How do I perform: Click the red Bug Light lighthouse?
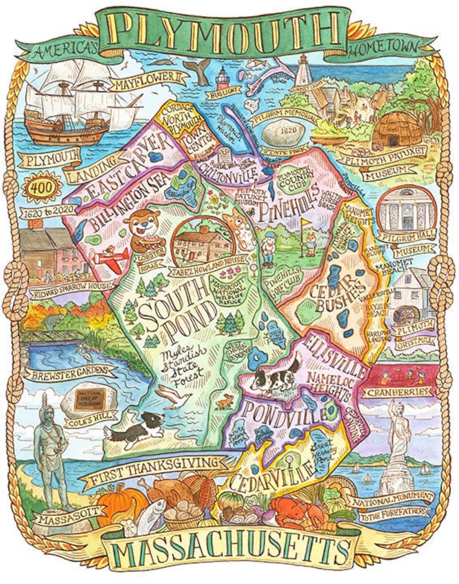222,79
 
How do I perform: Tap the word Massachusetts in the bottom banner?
229,550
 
